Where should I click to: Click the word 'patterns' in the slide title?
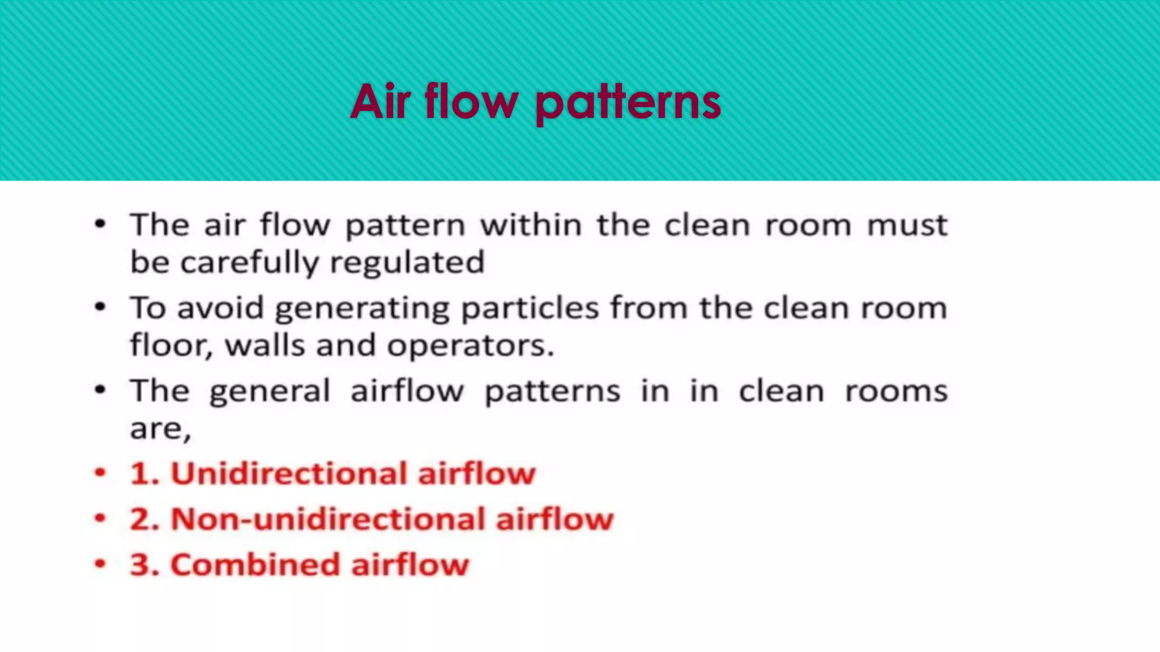click(x=628, y=103)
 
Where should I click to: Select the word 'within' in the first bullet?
click(x=531, y=225)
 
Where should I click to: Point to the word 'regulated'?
click(x=407, y=263)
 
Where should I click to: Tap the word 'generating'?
click(x=362, y=309)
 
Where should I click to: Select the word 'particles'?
click(x=530, y=309)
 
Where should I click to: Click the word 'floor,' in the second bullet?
click(x=171, y=345)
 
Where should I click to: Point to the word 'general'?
click(x=270, y=392)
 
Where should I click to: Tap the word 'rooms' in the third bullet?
click(x=896, y=392)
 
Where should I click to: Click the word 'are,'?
click(x=160, y=429)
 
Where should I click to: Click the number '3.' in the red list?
click(x=146, y=565)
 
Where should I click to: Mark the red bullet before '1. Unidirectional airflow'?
click(x=100, y=473)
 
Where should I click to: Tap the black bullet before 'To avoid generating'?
click(x=100, y=307)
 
